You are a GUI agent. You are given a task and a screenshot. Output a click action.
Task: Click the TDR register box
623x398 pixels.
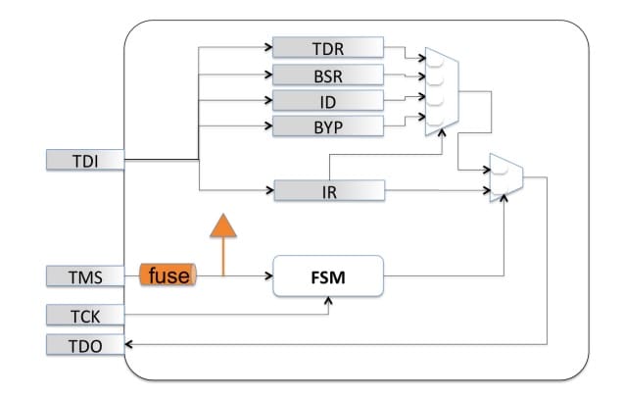tap(328, 48)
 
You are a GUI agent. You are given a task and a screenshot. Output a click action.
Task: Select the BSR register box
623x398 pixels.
tap(328, 75)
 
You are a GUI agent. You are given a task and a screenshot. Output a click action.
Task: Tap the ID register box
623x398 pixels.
tap(328, 101)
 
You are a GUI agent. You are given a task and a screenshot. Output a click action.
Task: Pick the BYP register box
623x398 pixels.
tap(328, 126)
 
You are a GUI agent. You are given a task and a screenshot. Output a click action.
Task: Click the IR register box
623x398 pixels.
tap(329, 190)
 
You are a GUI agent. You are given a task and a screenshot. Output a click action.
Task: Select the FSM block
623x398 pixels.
tap(328, 276)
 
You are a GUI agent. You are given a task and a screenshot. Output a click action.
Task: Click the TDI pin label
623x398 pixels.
tap(85, 160)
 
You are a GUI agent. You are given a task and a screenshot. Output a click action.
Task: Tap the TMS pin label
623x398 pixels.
tap(85, 276)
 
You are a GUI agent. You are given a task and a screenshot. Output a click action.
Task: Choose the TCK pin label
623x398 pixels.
tap(85, 316)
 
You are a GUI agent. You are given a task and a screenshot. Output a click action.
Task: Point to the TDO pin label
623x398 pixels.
tap(85, 345)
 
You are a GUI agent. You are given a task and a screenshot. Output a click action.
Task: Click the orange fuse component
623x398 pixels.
tap(168, 274)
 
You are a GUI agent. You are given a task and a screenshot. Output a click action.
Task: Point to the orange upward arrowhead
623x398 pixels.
tap(223, 225)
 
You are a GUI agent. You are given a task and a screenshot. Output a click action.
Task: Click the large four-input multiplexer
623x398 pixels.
tap(442, 92)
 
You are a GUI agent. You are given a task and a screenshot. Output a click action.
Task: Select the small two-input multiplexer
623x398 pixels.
tap(506, 177)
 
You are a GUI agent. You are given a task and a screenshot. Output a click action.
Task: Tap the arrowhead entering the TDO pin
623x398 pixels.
tap(128, 344)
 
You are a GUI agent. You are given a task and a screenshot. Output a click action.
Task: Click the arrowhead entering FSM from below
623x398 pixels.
tap(328, 301)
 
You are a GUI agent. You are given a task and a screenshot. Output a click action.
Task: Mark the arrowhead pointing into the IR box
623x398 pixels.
tap(269, 190)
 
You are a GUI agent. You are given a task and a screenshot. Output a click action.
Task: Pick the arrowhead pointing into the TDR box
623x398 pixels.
tap(268, 47)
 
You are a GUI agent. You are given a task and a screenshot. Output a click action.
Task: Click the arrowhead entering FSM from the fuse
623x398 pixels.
tap(269, 275)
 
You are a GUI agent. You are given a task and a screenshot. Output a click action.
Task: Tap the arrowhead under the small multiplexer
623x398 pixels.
tap(503, 198)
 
